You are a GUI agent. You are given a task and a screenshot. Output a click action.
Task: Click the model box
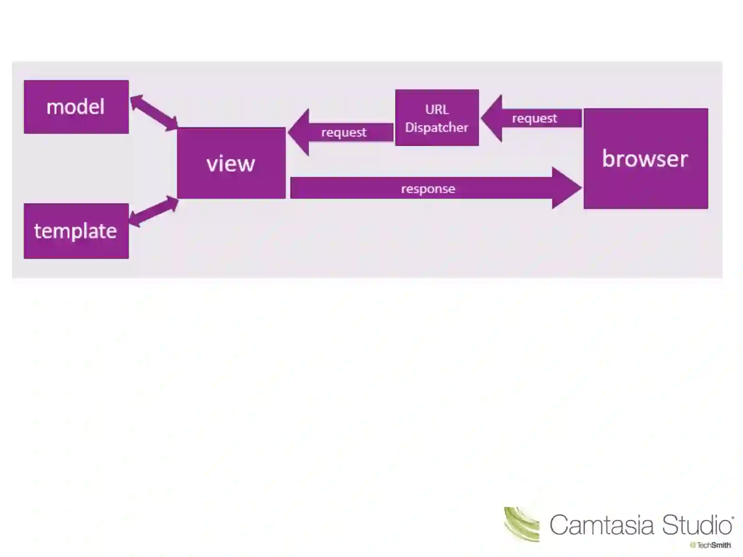pyautogui.click(x=76, y=107)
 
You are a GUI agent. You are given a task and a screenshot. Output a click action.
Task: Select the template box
pyautogui.click(x=76, y=231)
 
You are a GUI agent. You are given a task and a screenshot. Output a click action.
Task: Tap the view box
pyautogui.click(x=231, y=163)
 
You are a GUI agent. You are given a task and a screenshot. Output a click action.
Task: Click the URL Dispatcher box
pyautogui.click(x=437, y=118)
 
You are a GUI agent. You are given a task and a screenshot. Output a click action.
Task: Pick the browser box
pyautogui.click(x=645, y=159)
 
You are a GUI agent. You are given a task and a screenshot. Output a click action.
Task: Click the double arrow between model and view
pyautogui.click(x=153, y=113)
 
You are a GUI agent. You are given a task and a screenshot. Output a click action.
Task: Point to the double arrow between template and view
pyautogui.click(x=153, y=211)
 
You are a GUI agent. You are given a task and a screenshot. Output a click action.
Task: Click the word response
pyautogui.click(x=428, y=189)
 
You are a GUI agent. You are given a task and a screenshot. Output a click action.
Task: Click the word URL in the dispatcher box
pyautogui.click(x=437, y=110)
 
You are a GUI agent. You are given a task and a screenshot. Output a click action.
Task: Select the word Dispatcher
pyautogui.click(x=437, y=127)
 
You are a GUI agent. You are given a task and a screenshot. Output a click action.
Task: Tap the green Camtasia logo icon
pyautogui.click(x=521, y=525)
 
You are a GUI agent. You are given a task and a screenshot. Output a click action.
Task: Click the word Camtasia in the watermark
pyautogui.click(x=603, y=525)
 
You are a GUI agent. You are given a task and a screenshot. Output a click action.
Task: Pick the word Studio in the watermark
pyautogui.click(x=697, y=525)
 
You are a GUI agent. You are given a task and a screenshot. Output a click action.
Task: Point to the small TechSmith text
pyautogui.click(x=713, y=545)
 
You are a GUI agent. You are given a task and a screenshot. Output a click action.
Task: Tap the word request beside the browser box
pyautogui.click(x=534, y=118)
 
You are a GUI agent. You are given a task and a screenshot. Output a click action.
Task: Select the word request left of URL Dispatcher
pyautogui.click(x=344, y=132)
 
